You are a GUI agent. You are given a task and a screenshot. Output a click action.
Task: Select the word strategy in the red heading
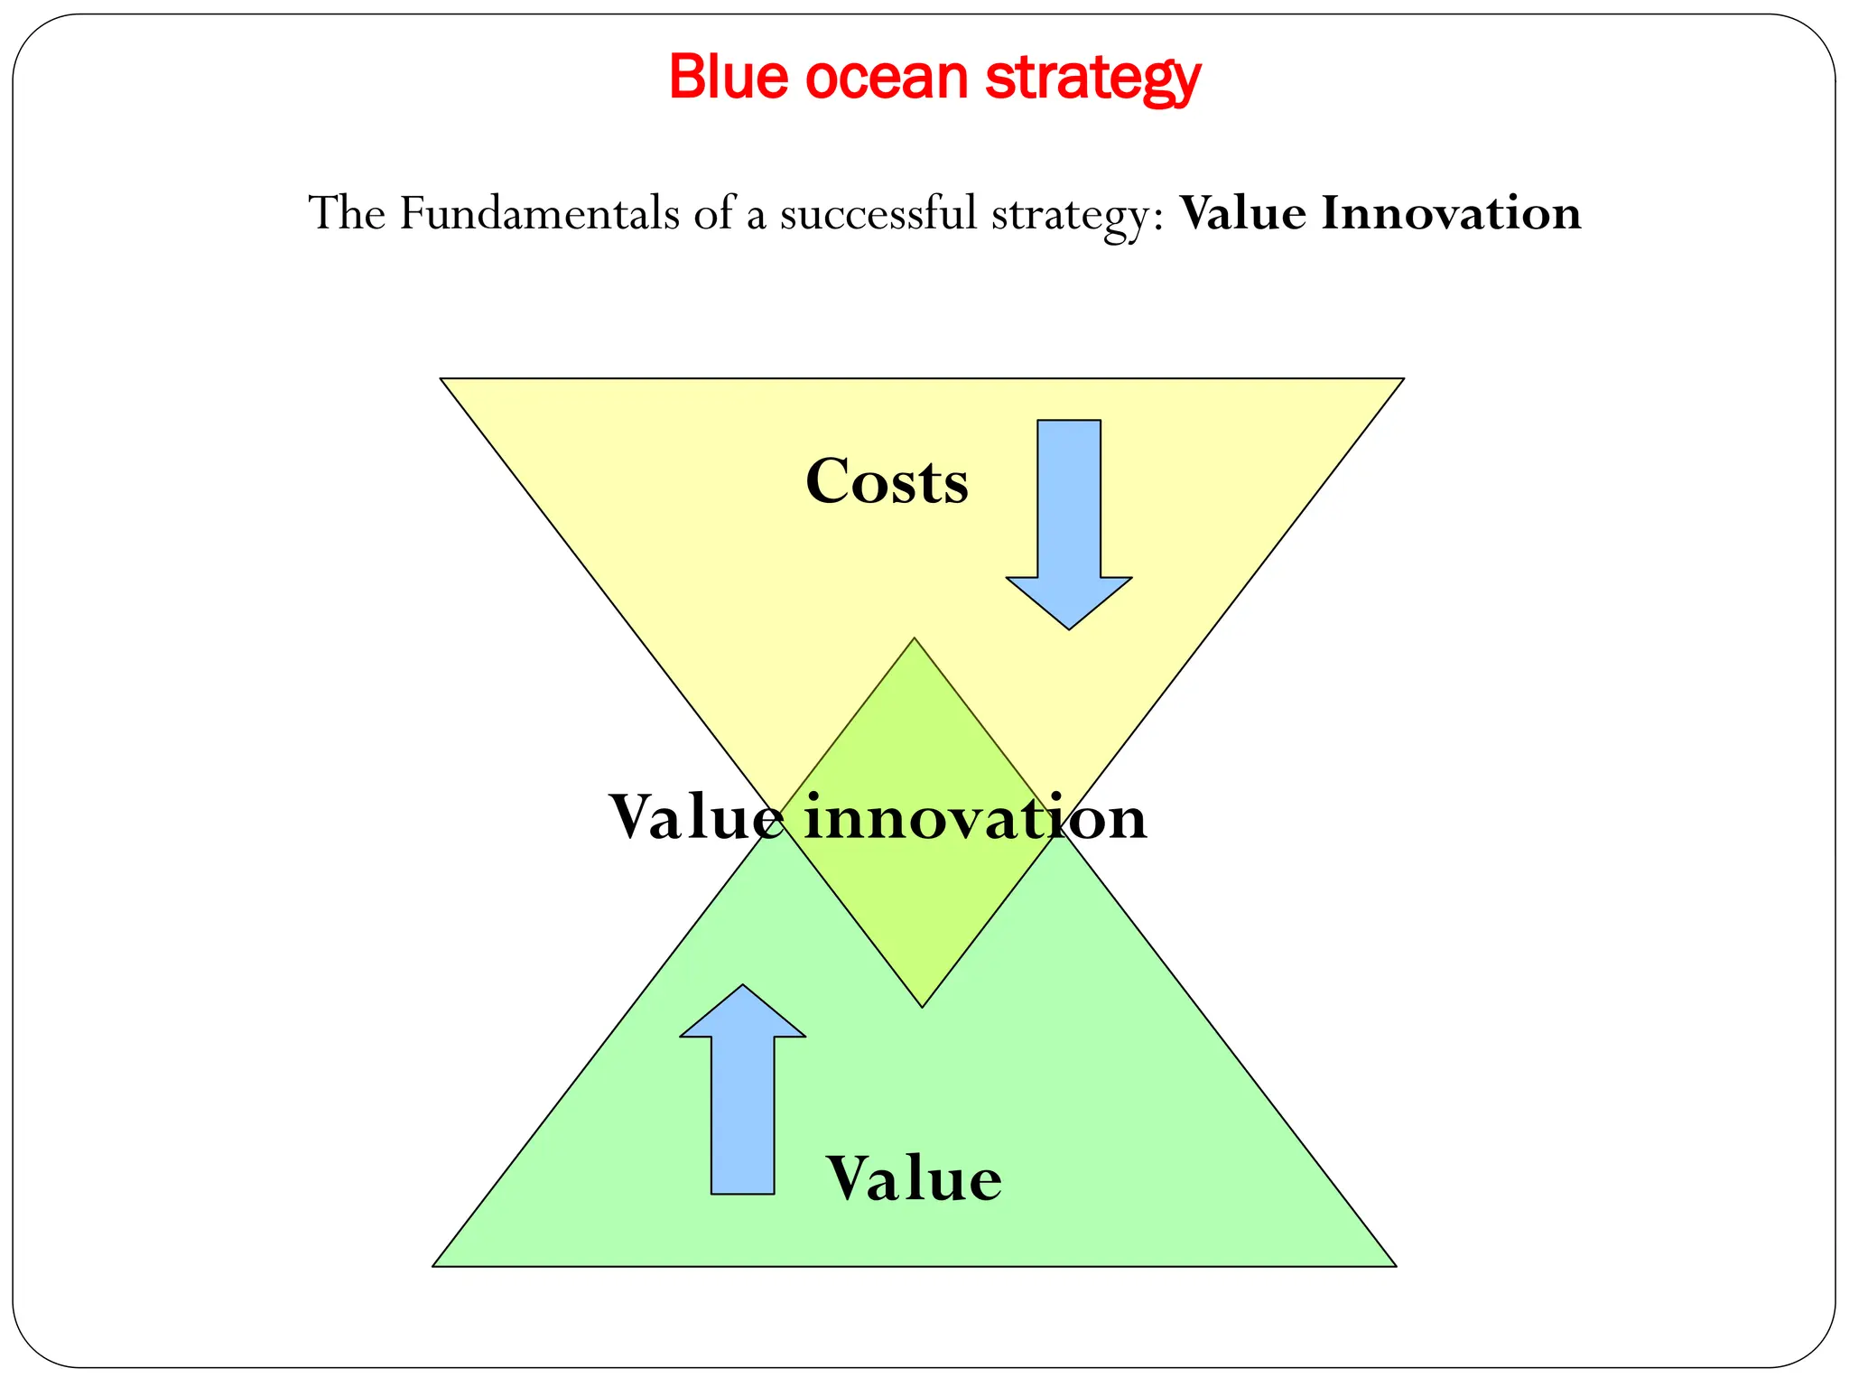[x=1092, y=79]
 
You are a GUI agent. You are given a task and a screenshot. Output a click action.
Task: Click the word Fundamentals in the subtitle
[x=539, y=214]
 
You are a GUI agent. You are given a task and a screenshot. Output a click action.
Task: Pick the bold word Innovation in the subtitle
[x=1451, y=214]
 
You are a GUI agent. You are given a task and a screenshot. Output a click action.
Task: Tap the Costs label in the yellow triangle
[x=887, y=481]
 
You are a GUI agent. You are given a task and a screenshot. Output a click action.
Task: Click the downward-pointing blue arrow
[x=1069, y=524]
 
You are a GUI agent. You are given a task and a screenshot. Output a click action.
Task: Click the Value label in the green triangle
[x=914, y=1179]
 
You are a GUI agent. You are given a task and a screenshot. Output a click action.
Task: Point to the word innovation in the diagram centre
[x=975, y=817]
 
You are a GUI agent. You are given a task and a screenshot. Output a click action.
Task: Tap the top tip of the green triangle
[x=915, y=639]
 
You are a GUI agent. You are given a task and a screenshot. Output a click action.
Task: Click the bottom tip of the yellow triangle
[x=922, y=1006]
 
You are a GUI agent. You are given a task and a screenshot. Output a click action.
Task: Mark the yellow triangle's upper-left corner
[x=441, y=379]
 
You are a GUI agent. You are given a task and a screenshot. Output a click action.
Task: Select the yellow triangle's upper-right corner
[x=1402, y=379]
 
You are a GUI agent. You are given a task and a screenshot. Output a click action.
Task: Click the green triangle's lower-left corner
[x=434, y=1265]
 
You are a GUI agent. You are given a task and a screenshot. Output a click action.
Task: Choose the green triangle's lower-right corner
[x=1395, y=1265]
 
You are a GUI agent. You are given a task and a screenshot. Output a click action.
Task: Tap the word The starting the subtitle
[x=348, y=214]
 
